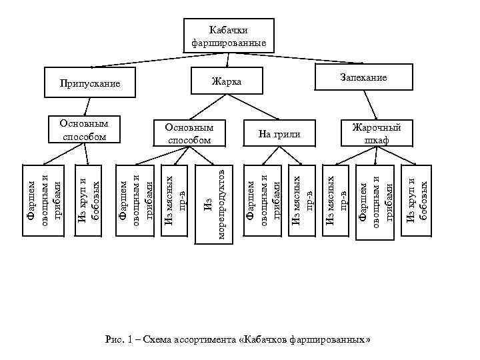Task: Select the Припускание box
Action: pos(89,83)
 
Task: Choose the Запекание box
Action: pos(363,77)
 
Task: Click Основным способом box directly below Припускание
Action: pos(84,130)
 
